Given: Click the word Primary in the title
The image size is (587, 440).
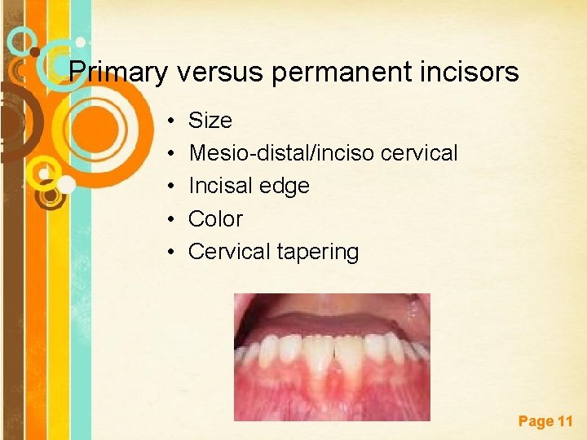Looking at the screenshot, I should [117, 73].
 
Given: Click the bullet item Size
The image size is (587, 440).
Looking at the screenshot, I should [210, 121].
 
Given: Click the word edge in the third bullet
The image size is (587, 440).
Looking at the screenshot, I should [285, 187].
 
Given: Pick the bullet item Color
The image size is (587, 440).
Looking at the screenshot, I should [215, 218].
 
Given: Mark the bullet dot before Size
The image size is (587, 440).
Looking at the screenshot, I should [174, 121].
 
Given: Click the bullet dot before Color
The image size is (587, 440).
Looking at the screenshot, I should [174, 219].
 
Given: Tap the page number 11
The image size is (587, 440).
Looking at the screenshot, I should [565, 421].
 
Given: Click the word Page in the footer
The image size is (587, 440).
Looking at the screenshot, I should [536, 421].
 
